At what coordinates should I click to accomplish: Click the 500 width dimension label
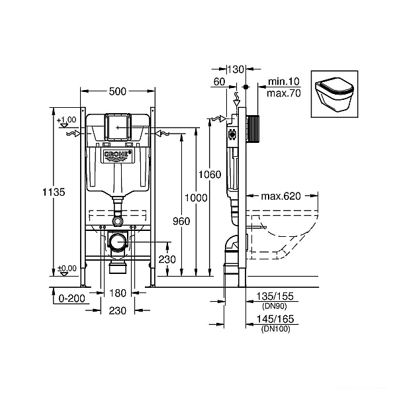click(118, 91)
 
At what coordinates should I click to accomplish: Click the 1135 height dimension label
click(54, 192)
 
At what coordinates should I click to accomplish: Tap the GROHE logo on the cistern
click(118, 155)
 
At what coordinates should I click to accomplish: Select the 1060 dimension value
click(210, 175)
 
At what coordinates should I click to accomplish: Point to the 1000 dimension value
click(196, 198)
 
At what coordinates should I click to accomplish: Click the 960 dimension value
click(181, 221)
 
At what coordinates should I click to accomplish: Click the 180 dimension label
click(118, 293)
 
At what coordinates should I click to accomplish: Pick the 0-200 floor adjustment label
click(71, 298)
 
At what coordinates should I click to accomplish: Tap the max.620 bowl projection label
click(281, 196)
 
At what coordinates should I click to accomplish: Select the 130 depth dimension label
click(236, 69)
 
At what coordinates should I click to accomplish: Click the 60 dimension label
click(219, 82)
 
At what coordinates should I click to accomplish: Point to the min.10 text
click(284, 81)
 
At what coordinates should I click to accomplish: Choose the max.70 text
click(284, 93)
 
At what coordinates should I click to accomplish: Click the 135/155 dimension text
click(275, 296)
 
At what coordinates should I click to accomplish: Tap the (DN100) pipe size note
click(276, 329)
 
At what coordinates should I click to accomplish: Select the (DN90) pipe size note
click(275, 306)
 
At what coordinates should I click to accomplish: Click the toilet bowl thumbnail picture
click(334, 94)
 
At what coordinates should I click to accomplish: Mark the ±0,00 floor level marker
click(67, 269)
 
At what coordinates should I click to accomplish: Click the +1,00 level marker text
click(67, 120)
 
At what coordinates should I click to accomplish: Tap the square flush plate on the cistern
click(118, 126)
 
